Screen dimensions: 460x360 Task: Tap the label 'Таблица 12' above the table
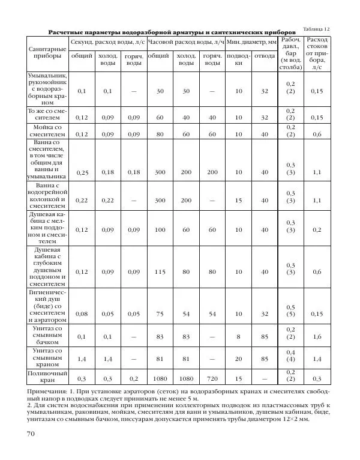pyautogui.click(x=317, y=29)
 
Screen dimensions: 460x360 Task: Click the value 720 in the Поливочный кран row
pyautogui.click(x=212, y=379)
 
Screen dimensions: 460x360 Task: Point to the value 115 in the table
pyautogui.click(x=159, y=272)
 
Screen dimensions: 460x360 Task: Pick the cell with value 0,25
pyautogui.click(x=82, y=173)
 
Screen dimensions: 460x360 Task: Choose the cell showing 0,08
pyautogui.click(x=82, y=314)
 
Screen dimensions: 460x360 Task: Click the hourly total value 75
pyautogui.click(x=159, y=314)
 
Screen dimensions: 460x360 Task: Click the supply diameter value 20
pyautogui.click(x=239, y=360)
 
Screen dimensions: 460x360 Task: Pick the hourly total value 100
pyautogui.click(x=159, y=230)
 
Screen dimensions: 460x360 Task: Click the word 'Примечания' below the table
pyautogui.click(x=46, y=390)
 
